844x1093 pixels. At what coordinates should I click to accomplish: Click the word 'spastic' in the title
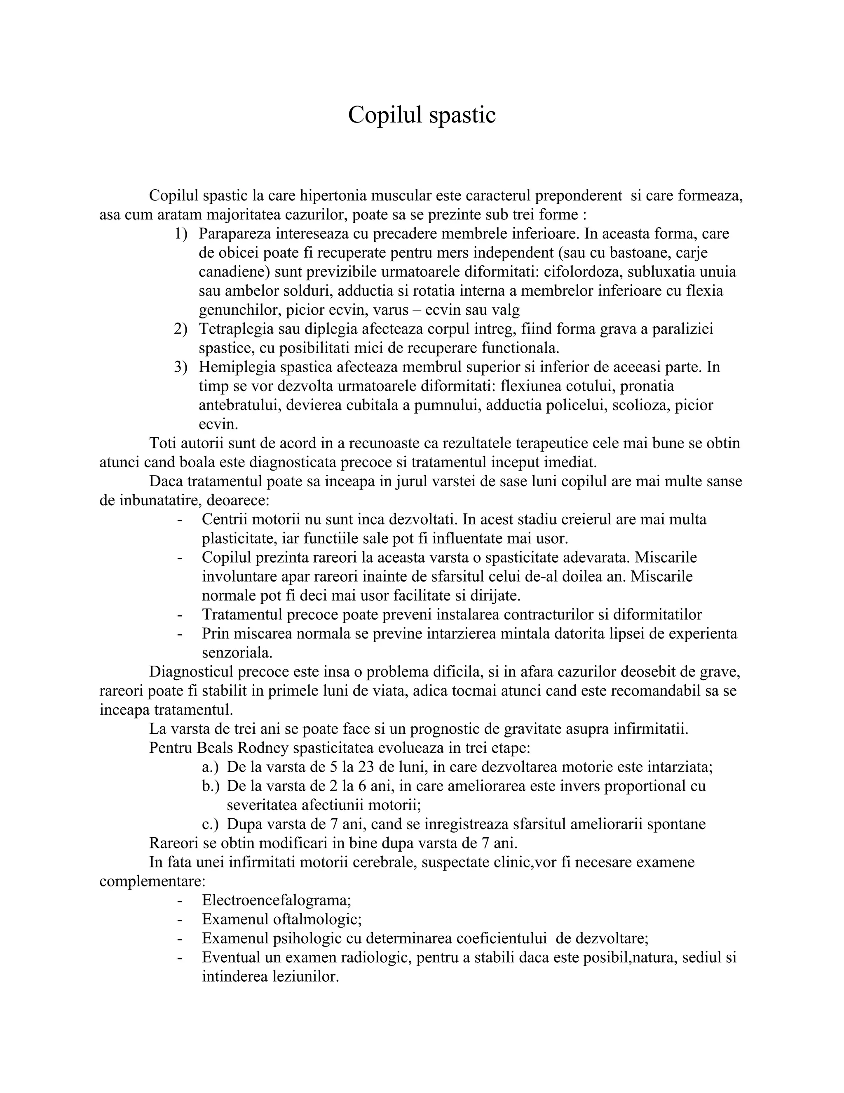click(462, 115)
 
